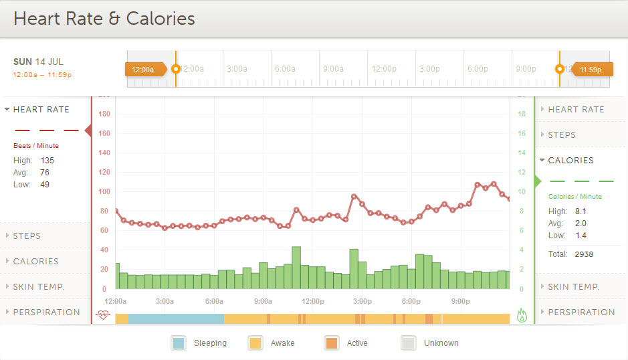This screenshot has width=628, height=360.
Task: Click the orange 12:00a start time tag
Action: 143,69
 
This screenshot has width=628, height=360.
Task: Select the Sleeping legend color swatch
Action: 179,343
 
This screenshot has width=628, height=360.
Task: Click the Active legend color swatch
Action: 332,343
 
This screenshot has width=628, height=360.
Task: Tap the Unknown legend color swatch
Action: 409,343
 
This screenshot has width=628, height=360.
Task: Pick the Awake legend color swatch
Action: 255,343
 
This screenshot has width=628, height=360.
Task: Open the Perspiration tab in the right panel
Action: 581,312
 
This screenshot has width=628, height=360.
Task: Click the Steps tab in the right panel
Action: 562,134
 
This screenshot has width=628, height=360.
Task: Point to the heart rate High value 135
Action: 47,161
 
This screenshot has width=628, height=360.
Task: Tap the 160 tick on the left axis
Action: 104,133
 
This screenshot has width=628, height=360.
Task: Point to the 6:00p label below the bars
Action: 411,301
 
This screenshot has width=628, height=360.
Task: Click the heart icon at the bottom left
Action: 102,315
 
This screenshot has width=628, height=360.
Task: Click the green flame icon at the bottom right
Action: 522,315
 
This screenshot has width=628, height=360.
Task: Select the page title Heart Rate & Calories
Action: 104,18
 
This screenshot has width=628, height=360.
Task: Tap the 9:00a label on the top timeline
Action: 333,69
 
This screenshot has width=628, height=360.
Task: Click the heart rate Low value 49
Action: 45,185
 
